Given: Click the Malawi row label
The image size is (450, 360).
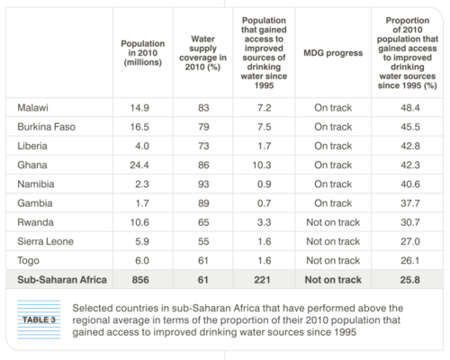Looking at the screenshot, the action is (x=32, y=108).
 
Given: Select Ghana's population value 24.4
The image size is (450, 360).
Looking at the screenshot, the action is (x=139, y=165).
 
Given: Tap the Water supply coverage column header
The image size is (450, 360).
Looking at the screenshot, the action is (x=202, y=53).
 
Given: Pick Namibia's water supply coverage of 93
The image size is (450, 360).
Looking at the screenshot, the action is (x=203, y=184).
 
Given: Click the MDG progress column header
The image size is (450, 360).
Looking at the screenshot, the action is (x=333, y=53).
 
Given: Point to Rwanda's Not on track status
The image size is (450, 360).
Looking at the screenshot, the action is (x=333, y=222).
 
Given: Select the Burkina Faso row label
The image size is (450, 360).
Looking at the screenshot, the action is (x=47, y=127).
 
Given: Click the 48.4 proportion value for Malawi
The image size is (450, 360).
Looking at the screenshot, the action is (x=410, y=108).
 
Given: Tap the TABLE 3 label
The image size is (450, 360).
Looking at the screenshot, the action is (x=40, y=319).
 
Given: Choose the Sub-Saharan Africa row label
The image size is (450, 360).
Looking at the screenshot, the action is (x=62, y=280).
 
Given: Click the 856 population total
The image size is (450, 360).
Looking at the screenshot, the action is (x=140, y=280).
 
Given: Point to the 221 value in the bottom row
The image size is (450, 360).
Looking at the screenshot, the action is (x=262, y=280).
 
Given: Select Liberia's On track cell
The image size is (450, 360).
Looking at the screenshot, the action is (x=333, y=146).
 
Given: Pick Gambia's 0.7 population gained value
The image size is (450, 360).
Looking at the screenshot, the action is (x=265, y=203).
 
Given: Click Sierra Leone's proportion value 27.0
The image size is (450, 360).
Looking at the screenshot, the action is (x=410, y=241).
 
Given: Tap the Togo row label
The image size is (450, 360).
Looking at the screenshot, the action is (x=28, y=261).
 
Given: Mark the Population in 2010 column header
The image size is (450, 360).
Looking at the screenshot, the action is (x=143, y=53).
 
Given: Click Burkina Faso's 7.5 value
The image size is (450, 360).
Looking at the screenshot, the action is (x=265, y=127).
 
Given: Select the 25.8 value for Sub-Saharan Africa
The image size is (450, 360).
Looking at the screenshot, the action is (x=409, y=280).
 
